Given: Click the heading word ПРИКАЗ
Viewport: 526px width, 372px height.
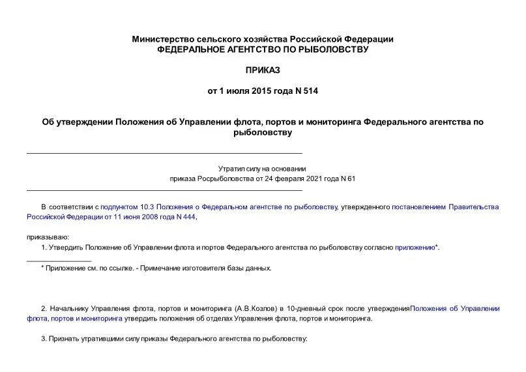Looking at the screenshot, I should [x=263, y=70].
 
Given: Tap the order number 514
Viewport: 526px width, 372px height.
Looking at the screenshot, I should [x=310, y=91].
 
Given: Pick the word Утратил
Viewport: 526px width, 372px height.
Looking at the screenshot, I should [x=232, y=169].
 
